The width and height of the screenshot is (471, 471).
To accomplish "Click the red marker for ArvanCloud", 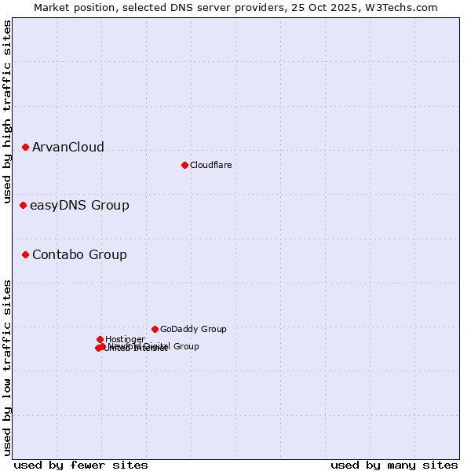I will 25,147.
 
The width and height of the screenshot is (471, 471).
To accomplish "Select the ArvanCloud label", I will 68,148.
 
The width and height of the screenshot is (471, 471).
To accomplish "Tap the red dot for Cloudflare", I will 184,165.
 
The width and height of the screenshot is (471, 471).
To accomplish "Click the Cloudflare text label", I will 210,166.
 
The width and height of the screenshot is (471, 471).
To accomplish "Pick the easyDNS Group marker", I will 23,205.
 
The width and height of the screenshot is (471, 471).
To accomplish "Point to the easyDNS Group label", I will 79,206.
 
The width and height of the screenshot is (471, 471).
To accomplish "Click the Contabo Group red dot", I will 25,254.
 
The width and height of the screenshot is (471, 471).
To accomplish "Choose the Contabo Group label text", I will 79,255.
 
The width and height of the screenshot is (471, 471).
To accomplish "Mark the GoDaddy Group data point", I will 155,329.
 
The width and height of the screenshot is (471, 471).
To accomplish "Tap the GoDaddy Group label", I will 193,330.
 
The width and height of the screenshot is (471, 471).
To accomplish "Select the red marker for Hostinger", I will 100,339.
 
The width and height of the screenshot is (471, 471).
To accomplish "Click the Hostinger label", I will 125,340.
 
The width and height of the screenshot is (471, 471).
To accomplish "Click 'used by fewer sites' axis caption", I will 81,466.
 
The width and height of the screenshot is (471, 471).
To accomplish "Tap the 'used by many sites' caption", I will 394,466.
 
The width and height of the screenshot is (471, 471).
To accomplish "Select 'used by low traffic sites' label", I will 7,367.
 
